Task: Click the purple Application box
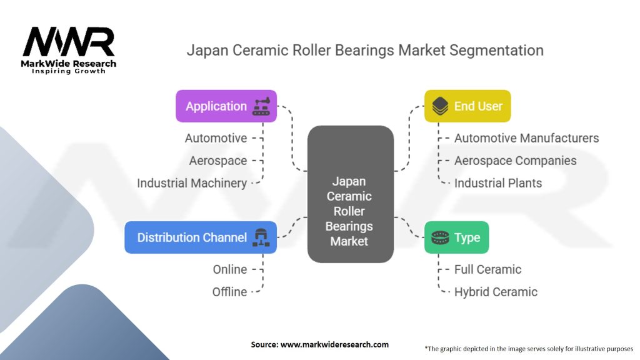click(226, 106)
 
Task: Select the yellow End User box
click(467, 106)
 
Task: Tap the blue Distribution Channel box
click(200, 237)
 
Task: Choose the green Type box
click(456, 237)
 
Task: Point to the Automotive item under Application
click(216, 138)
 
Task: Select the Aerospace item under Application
click(218, 161)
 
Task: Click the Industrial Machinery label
click(192, 183)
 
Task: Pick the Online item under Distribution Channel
click(229, 269)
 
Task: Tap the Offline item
click(229, 292)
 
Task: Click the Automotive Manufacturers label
click(526, 138)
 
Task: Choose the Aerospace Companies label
click(515, 161)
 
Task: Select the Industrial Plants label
click(497, 183)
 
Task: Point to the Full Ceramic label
click(487, 269)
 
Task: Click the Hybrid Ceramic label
click(496, 292)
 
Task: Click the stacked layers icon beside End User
click(439, 106)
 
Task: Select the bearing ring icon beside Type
click(440, 237)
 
